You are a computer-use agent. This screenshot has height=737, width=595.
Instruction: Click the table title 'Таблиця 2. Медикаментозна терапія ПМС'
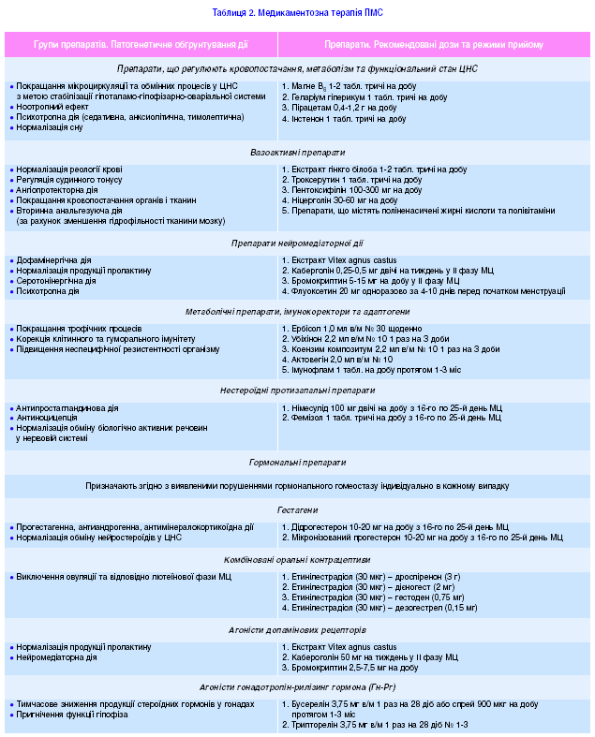(297, 13)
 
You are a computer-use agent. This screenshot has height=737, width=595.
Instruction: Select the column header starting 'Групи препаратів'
(141, 44)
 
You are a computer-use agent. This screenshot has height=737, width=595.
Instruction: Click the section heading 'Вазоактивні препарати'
(297, 152)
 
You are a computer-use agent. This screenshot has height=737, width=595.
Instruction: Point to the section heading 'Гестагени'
(297, 510)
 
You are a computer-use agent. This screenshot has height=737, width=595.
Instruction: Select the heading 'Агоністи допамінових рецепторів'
(297, 630)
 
